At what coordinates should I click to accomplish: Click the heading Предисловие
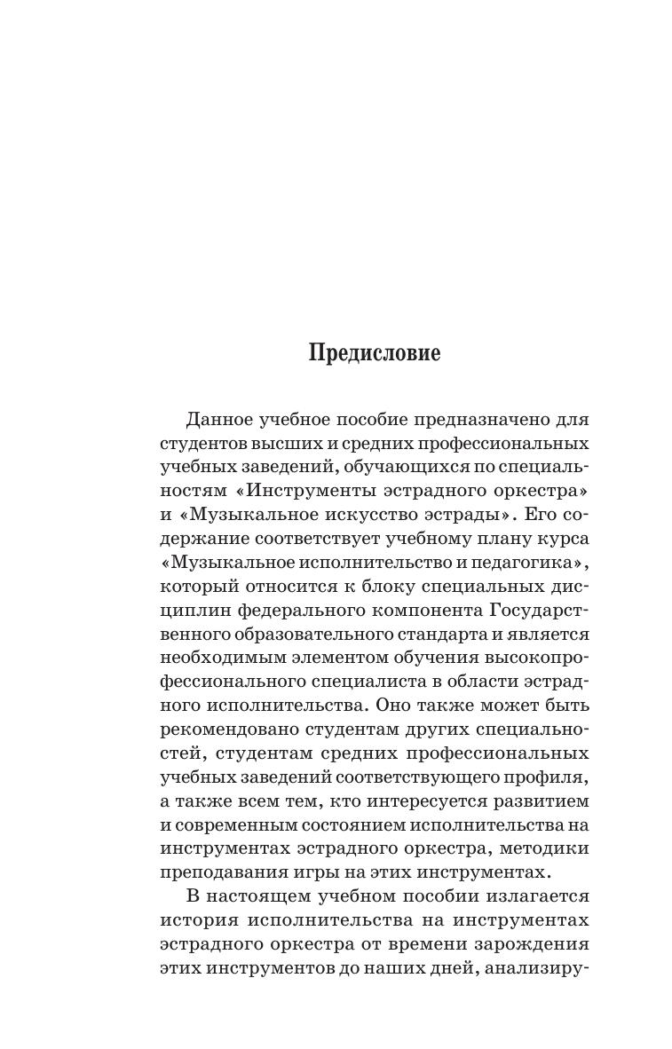pos(374,353)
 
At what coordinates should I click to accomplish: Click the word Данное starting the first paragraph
pos(219,419)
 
